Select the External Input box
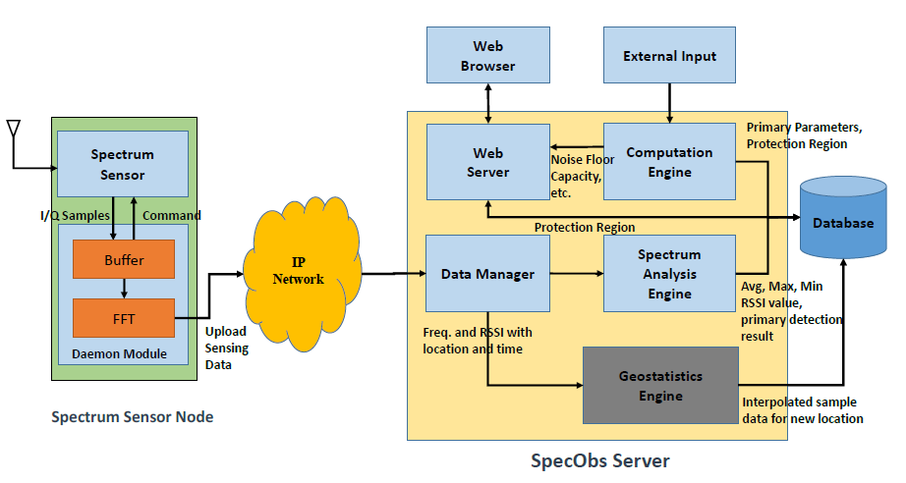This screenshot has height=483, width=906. [669, 55]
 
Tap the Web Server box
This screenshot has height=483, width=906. [487, 163]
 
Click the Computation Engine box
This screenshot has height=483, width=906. [669, 163]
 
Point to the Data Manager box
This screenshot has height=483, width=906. [487, 274]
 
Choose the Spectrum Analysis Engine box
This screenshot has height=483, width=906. [669, 274]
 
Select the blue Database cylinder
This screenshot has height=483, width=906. [842, 221]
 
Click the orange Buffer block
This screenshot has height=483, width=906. [124, 260]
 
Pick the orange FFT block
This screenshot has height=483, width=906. [124, 318]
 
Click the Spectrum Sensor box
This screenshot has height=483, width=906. [123, 165]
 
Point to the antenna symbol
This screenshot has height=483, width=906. [14, 131]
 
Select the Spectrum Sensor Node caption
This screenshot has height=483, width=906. [132, 417]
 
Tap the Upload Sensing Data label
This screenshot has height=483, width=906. [227, 349]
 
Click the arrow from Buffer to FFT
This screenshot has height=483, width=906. [124, 289]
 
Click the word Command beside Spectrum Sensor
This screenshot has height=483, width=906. [171, 215]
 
